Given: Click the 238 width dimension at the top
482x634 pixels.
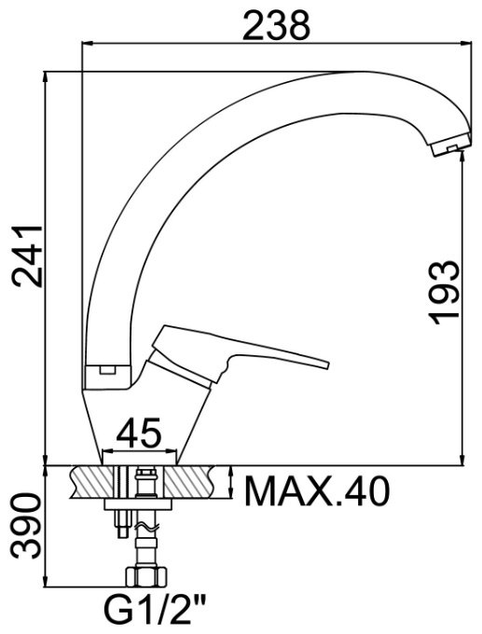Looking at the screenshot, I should click(275, 25).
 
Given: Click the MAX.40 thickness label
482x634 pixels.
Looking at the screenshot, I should click(316, 489).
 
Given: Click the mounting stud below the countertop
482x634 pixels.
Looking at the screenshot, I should click(120, 522).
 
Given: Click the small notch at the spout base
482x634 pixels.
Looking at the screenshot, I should click(105, 369).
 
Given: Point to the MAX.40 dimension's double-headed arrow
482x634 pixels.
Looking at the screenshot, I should click(231, 483).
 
